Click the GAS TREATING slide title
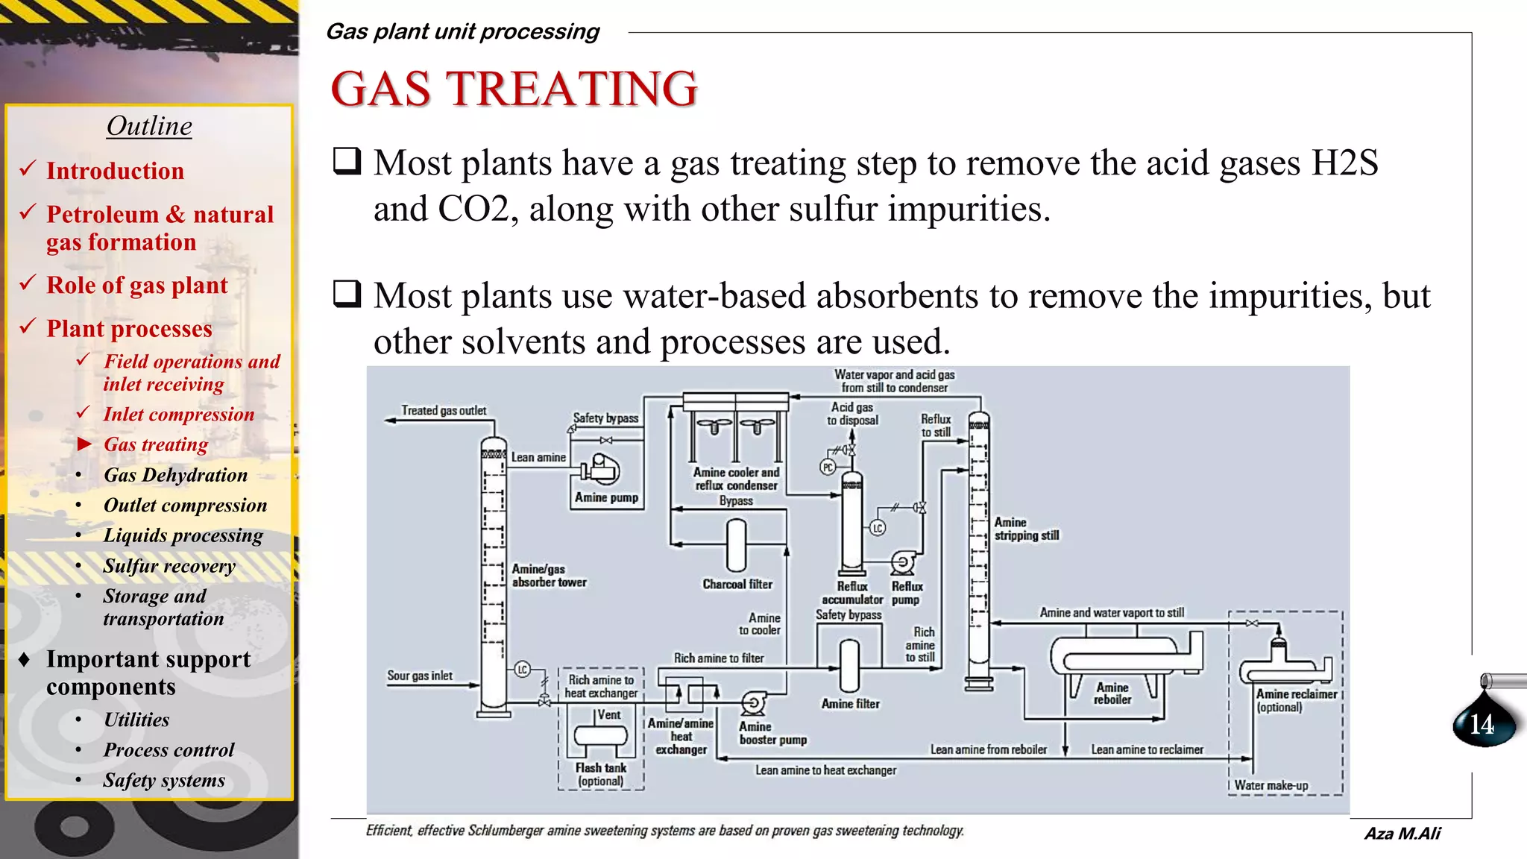point(514,89)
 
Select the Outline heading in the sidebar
point(149,126)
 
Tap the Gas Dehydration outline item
point(175,475)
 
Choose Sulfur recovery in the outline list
point(169,566)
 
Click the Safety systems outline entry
point(164,780)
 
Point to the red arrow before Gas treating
point(84,444)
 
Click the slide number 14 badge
point(1482,723)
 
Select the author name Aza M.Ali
point(1402,834)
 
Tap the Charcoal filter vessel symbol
point(736,544)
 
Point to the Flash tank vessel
point(600,736)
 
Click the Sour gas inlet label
point(420,676)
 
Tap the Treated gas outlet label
point(444,410)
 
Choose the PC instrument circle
point(828,468)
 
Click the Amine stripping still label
point(1026,529)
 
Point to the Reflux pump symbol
point(904,562)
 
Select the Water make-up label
point(1271,785)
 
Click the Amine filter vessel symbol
point(849,666)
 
